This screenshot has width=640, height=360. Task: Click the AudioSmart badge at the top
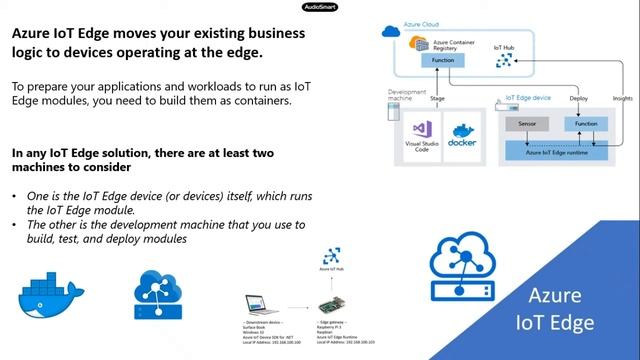click(x=320, y=6)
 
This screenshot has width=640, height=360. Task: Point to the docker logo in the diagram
click(x=463, y=135)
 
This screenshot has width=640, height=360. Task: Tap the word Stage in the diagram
click(x=437, y=99)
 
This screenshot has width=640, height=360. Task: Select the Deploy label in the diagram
click(x=579, y=99)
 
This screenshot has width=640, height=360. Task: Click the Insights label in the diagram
click(x=622, y=99)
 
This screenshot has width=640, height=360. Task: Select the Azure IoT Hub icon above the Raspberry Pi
click(x=329, y=257)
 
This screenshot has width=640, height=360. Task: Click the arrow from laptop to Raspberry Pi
click(x=297, y=307)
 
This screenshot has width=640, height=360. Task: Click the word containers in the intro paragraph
click(x=261, y=101)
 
